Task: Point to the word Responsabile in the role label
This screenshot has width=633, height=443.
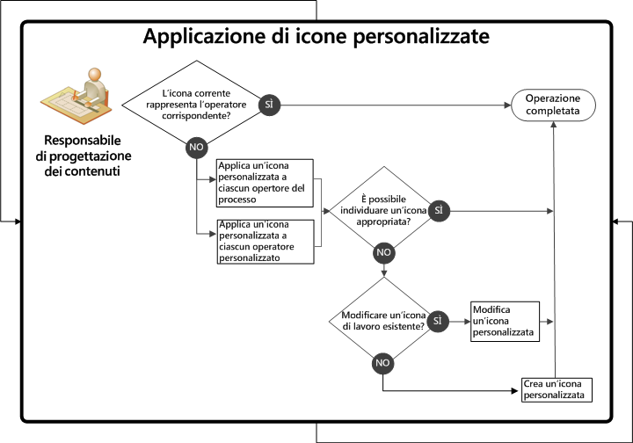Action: pyautogui.click(x=84, y=141)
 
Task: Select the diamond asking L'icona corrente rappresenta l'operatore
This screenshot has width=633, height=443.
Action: pyautogui.click(x=191, y=104)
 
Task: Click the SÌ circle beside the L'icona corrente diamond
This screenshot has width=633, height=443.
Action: pyautogui.click(x=269, y=104)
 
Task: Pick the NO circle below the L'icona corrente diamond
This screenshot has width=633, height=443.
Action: pyautogui.click(x=195, y=148)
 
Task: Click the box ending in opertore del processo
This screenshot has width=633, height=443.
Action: pyautogui.click(x=265, y=183)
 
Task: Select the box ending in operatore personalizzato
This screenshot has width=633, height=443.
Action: pyautogui.click(x=265, y=242)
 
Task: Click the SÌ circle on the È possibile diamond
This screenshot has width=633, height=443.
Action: pyautogui.click(x=439, y=211)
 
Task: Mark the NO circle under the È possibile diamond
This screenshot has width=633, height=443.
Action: pyautogui.click(x=383, y=252)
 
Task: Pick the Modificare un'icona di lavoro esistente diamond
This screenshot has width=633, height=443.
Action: pyautogui.click(x=383, y=321)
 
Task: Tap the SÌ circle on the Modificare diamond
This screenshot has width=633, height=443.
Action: pyautogui.click(x=438, y=321)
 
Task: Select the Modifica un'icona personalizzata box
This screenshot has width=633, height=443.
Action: pyautogui.click(x=504, y=321)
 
